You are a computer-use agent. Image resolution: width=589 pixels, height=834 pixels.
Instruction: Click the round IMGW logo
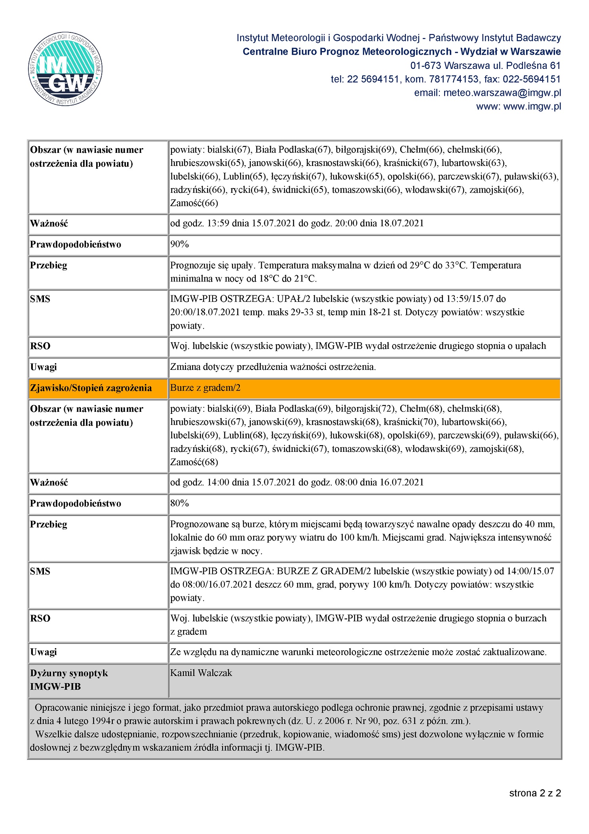pyautogui.click(x=65, y=69)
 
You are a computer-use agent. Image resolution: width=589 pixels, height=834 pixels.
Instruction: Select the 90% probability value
pyautogui.click(x=179, y=244)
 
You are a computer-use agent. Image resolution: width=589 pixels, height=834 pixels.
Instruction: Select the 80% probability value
pyautogui.click(x=179, y=503)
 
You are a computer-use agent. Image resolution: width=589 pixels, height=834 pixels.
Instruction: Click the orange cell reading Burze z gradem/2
pyautogui.click(x=205, y=388)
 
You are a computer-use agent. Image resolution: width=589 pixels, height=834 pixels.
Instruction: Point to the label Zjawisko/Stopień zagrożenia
pyautogui.click(x=91, y=388)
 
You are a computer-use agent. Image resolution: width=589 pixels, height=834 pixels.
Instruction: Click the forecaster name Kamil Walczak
pyautogui.click(x=201, y=673)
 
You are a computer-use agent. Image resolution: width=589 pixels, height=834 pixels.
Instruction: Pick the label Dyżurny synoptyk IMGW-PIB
pyautogui.click(x=69, y=680)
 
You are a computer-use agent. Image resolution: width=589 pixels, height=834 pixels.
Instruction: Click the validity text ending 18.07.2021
pyautogui.click(x=297, y=223)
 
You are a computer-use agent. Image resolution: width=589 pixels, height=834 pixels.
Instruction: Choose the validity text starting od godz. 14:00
pyautogui.click(x=297, y=482)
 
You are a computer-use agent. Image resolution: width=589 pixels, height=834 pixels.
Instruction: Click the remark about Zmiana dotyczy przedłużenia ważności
pyautogui.click(x=273, y=367)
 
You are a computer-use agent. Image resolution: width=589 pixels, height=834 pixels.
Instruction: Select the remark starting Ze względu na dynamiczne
pyautogui.click(x=358, y=652)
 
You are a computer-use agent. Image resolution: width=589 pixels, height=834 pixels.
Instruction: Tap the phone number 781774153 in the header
pyautogui.click(x=454, y=79)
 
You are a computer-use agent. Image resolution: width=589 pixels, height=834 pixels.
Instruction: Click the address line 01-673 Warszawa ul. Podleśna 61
pyautogui.click(x=485, y=65)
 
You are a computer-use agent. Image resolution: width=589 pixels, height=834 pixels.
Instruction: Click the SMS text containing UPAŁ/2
pyautogui.click(x=347, y=312)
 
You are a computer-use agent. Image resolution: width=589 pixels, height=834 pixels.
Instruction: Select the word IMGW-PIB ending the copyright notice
pyautogui.click(x=299, y=748)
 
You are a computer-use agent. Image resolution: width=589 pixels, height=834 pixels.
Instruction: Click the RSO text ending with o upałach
pyautogui.click(x=358, y=346)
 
